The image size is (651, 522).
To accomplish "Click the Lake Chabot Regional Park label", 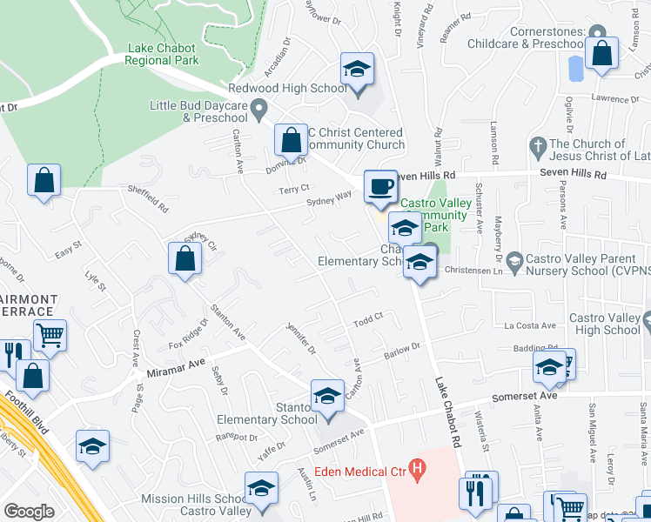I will click(x=162, y=54).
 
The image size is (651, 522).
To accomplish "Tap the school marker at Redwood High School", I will click(x=356, y=69).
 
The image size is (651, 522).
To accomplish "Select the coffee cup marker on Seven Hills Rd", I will click(x=380, y=187).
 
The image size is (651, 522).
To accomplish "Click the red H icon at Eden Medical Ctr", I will click(x=418, y=472).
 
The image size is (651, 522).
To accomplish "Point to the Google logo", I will click(x=29, y=512).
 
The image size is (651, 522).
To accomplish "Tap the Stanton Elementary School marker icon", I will click(x=327, y=395).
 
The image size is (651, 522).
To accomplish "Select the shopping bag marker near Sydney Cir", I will click(x=185, y=258).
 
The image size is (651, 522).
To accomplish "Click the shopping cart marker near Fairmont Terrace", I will click(x=50, y=335).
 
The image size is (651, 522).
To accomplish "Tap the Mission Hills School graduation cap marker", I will click(x=260, y=490).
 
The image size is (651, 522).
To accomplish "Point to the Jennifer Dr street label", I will click(x=300, y=338).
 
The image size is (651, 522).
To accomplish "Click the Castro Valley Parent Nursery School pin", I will click(x=514, y=261).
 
